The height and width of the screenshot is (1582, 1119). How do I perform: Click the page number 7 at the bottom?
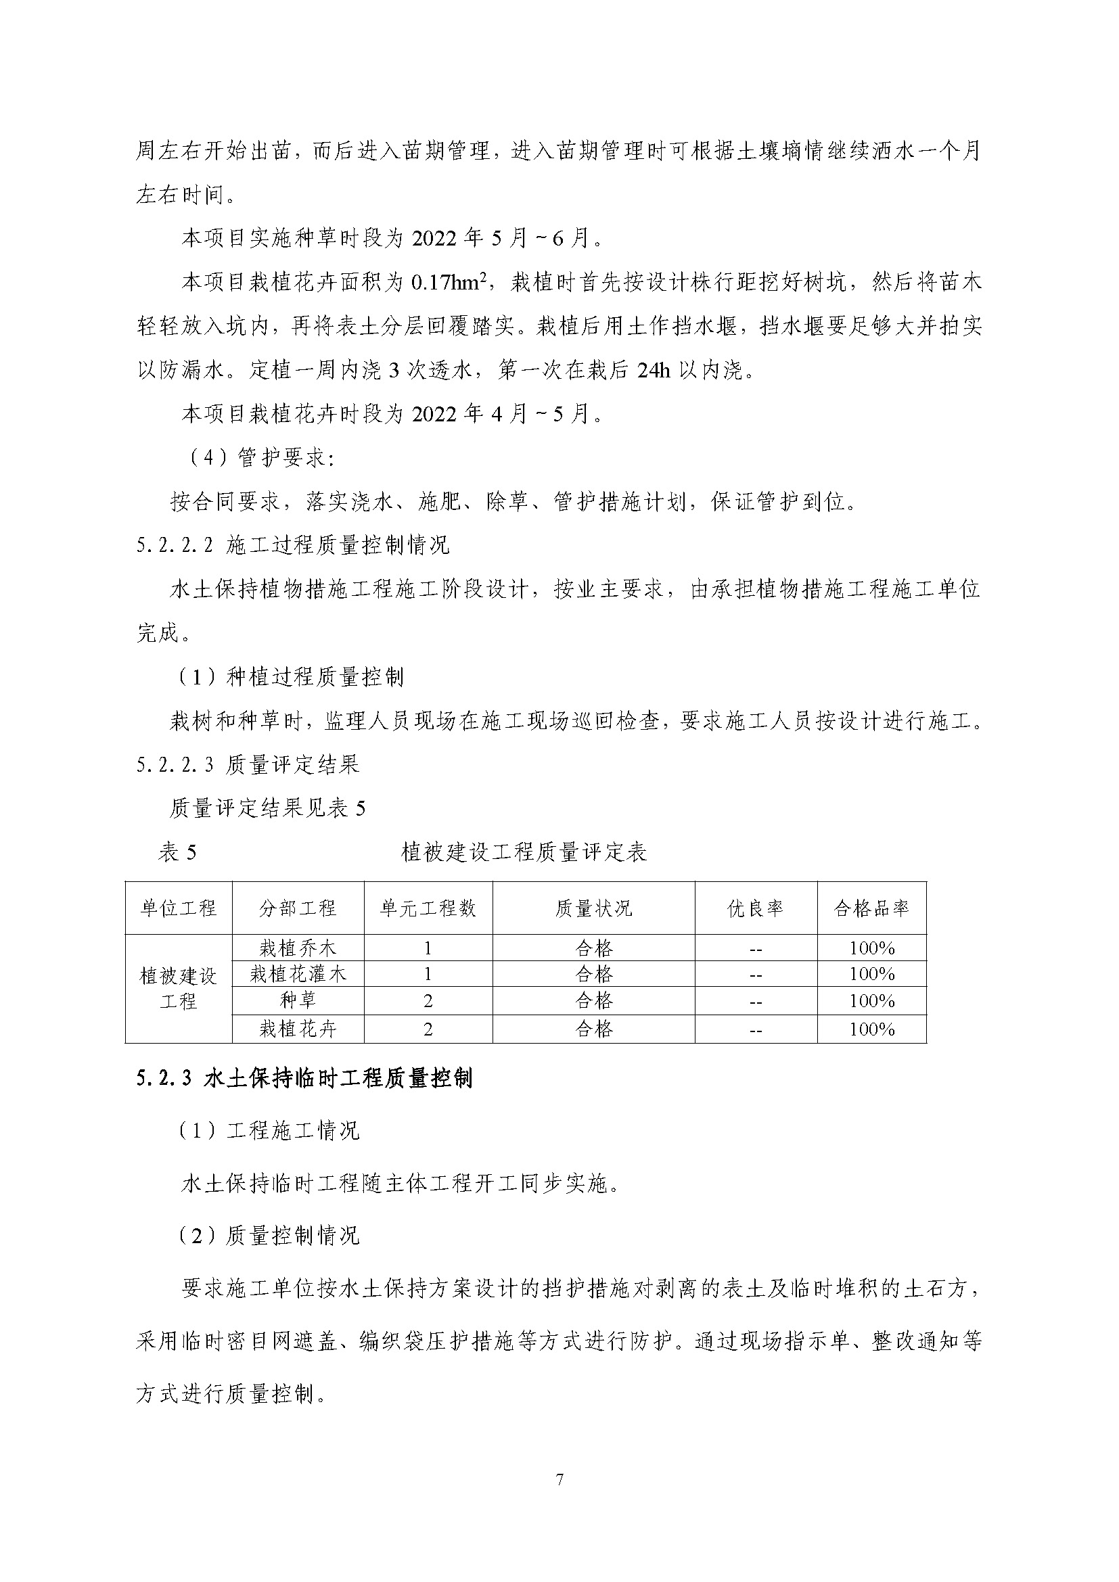(x=559, y=1479)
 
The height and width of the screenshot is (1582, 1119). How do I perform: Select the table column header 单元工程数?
(x=428, y=908)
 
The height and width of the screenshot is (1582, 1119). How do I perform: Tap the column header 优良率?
(x=755, y=908)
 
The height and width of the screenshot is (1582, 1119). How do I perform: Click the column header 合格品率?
(x=871, y=908)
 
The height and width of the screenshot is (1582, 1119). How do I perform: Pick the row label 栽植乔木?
(x=298, y=948)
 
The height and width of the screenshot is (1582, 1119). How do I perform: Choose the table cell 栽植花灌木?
(x=298, y=973)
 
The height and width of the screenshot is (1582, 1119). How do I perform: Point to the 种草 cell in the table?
(x=298, y=1000)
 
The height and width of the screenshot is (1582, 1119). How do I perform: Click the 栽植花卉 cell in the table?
(x=298, y=1029)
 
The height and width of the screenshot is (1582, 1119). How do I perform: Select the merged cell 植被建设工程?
(x=179, y=988)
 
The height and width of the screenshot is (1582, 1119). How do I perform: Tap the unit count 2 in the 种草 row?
(x=428, y=1000)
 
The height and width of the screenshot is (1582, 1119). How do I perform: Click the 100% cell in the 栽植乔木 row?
(x=871, y=948)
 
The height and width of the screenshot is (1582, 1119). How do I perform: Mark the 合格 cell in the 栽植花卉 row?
(x=594, y=1029)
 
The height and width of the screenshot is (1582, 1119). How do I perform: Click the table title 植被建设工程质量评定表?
(x=524, y=853)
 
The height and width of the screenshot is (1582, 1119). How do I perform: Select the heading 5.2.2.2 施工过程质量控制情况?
(x=293, y=545)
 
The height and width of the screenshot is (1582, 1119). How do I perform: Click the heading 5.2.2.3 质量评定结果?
(x=248, y=764)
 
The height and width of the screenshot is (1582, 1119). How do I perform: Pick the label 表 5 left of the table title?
(x=178, y=853)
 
